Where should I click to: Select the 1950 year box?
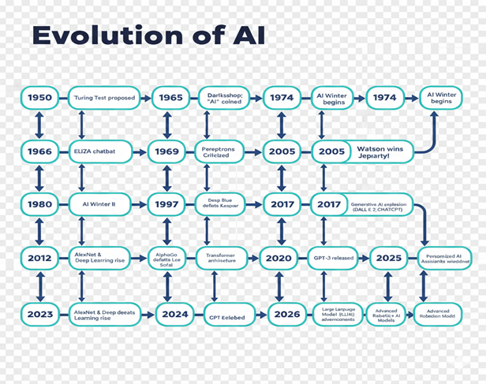pos(39,98)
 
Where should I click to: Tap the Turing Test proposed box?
pos(103,98)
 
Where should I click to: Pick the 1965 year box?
pos(169,98)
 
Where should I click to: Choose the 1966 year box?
pos(39,151)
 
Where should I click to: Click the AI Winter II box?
pos(103,204)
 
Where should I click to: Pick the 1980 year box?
pos(39,204)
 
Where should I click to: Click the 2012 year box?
pos(39,258)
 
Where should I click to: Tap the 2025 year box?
pos(388,258)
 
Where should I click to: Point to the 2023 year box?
pos(39,313)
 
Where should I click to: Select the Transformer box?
pos(222,258)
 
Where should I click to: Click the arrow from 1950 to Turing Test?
pos(63,98)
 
